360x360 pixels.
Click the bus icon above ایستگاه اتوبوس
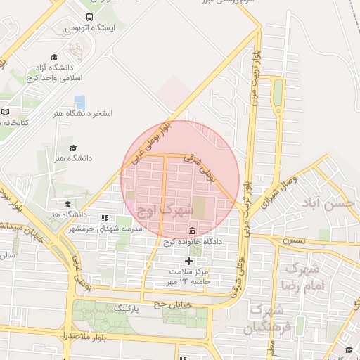89,17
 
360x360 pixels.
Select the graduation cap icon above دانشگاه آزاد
54,57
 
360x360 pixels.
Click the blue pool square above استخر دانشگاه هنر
79,101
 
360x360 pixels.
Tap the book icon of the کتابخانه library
6,111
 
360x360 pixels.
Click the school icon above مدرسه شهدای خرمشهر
105,218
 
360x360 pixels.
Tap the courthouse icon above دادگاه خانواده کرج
192,231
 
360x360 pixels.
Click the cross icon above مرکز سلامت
188,261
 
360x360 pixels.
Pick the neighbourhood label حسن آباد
332,203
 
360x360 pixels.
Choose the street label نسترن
295,240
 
